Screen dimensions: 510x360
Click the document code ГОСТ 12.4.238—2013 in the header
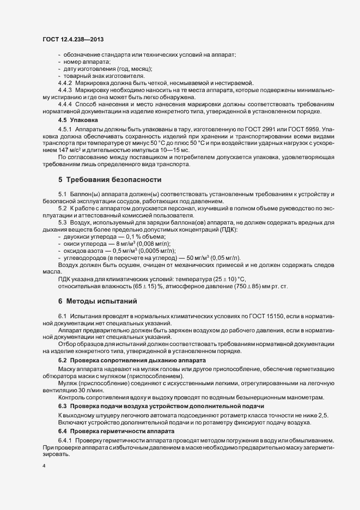[x=73, y=39]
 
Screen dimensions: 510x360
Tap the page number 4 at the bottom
[x=44, y=466]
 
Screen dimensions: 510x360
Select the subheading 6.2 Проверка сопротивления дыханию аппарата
[x=132, y=361]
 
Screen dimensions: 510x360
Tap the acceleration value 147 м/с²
[x=72, y=149]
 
